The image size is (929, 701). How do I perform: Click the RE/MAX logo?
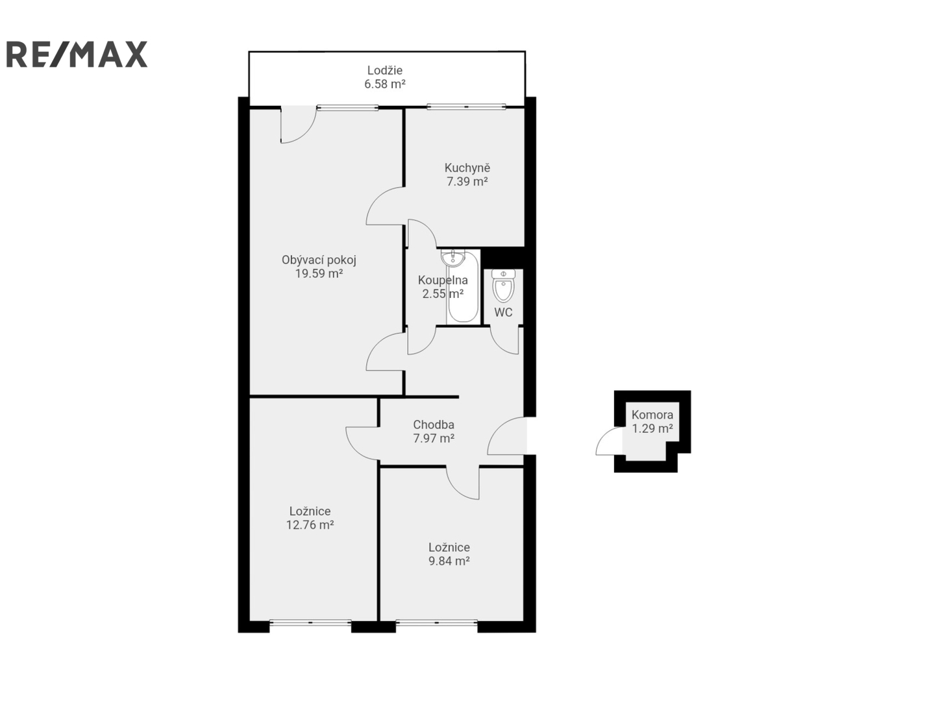(77, 54)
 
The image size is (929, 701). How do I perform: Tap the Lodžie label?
(385, 70)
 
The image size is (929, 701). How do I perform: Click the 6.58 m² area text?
(385, 84)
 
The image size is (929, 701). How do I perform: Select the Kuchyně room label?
(467, 168)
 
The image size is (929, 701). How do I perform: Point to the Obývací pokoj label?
(319, 260)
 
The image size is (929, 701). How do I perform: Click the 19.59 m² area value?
(319, 274)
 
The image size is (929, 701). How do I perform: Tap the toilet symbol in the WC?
(503, 286)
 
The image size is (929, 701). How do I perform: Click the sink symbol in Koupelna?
(452, 258)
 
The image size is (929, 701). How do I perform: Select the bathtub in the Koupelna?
(463, 288)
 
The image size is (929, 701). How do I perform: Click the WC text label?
(503, 313)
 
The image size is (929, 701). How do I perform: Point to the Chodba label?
(434, 424)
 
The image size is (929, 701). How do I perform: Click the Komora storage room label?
(652, 415)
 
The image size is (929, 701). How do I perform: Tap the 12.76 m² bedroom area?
(310, 525)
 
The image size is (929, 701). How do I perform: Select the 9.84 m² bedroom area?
(449, 561)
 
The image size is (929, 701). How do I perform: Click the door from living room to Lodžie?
(299, 125)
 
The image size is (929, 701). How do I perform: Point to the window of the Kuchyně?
(466, 106)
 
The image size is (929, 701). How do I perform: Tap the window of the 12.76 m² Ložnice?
(310, 622)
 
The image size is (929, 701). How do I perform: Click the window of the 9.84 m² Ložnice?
(436, 622)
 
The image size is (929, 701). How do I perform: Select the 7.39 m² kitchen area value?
(467, 182)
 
